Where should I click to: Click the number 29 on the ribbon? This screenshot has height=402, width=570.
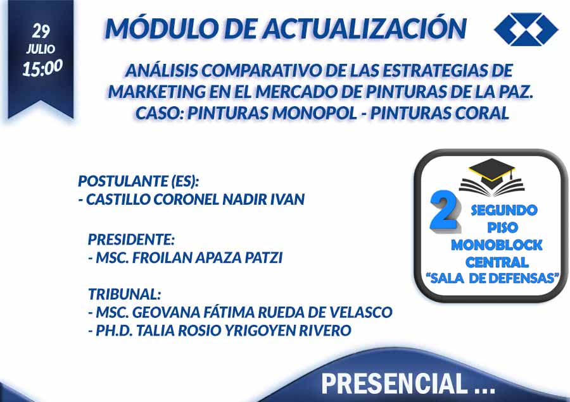(41, 31)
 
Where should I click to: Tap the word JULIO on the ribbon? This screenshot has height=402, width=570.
(41, 49)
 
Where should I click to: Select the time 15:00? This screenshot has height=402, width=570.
(42, 68)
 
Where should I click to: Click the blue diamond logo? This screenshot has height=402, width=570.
(526, 29)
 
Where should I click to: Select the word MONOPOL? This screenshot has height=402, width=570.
(314, 113)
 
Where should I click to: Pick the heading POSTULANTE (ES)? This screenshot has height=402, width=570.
(139, 181)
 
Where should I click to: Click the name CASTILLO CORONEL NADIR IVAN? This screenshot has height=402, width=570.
(195, 199)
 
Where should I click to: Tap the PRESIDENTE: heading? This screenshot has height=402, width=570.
(131, 240)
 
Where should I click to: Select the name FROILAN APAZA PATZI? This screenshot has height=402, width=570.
(207, 258)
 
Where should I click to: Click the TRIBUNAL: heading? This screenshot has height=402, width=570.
(124, 294)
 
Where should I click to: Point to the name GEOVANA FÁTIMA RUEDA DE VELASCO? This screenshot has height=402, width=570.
(262, 312)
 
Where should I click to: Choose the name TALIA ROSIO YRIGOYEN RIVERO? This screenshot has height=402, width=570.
(223, 330)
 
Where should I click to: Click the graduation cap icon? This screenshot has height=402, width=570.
(491, 176)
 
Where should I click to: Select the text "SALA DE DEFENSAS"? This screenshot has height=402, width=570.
(492, 278)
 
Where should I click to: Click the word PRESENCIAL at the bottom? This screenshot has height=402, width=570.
(394, 383)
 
